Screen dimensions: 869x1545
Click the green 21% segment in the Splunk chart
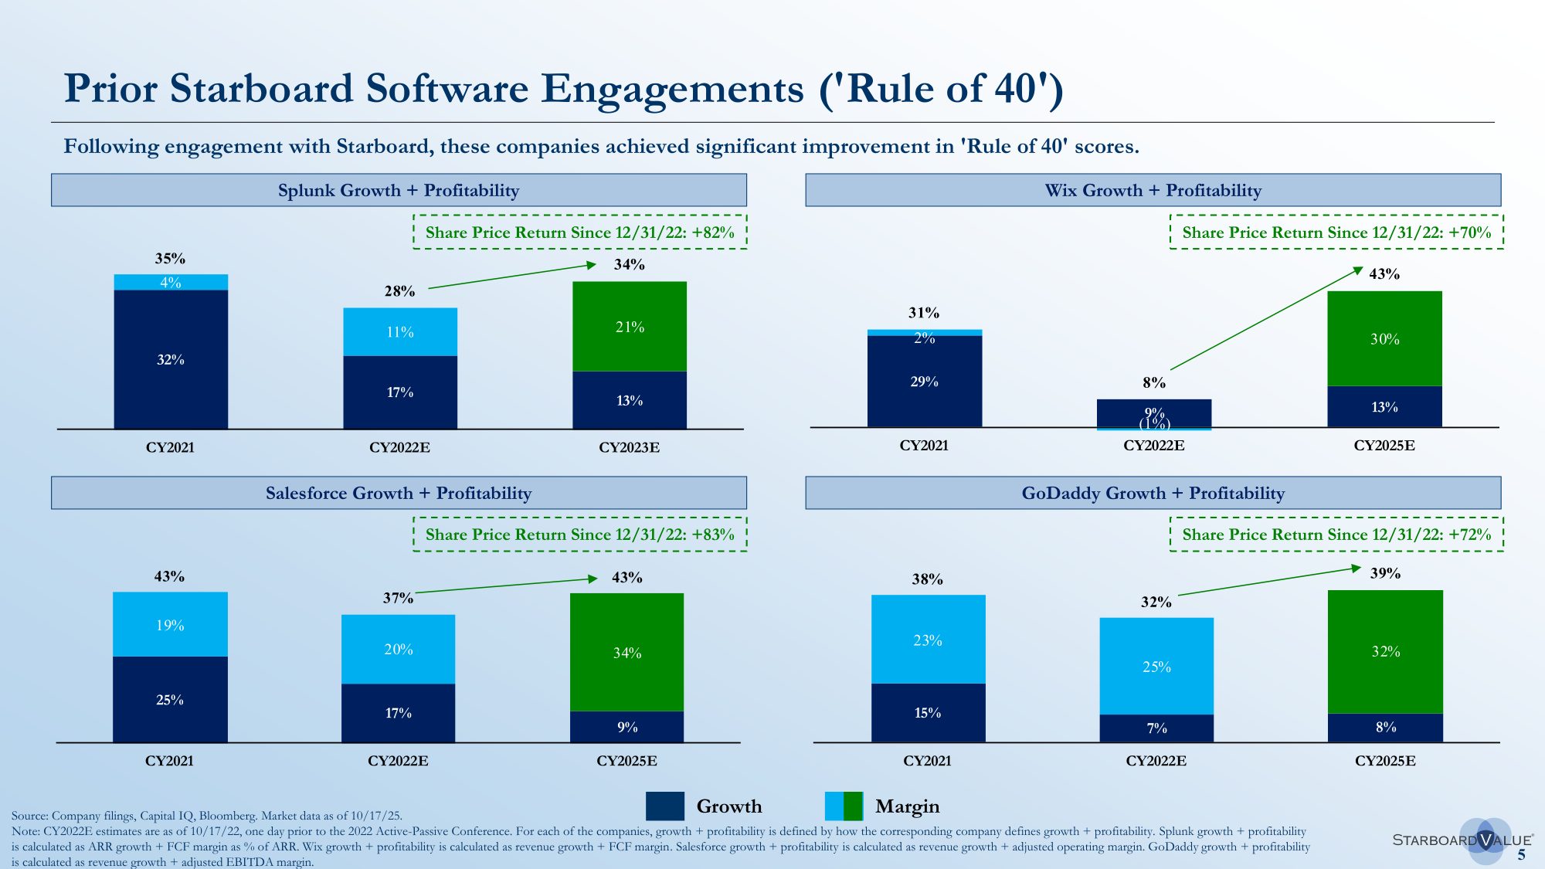(629, 326)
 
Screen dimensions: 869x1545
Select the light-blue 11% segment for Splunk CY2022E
(400, 331)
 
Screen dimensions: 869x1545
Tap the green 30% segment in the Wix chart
(1384, 338)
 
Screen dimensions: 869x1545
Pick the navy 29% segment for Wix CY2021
(924, 382)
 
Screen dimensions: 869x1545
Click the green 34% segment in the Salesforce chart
(626, 652)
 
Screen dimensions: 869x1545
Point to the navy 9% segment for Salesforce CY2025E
(626, 727)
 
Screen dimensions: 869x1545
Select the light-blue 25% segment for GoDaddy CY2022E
(1156, 666)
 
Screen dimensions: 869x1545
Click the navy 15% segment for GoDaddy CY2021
(928, 712)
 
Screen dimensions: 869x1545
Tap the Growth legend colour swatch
(664, 806)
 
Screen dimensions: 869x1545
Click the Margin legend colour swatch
(844, 806)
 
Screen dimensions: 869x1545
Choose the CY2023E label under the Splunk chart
(629, 447)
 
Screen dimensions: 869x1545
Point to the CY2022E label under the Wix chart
(1153, 446)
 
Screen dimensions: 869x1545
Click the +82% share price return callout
(579, 232)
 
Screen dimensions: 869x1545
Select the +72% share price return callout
(1336, 535)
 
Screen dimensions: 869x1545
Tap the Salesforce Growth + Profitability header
(399, 493)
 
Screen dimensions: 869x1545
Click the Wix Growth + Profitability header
(1153, 190)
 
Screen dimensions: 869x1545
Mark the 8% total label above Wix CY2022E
(1154, 382)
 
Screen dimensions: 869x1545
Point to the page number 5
(1521, 855)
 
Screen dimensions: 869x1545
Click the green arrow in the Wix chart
(1267, 318)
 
